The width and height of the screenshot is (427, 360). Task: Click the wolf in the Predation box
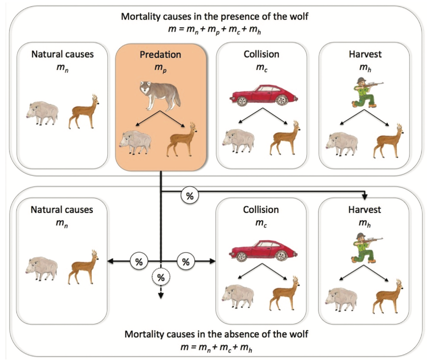click(x=160, y=95)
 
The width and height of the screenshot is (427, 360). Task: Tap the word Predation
click(x=160, y=54)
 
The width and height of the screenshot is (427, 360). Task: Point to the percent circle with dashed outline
click(x=160, y=278)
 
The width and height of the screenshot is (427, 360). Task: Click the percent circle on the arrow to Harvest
click(x=190, y=196)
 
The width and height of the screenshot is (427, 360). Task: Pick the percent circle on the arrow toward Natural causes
click(x=139, y=261)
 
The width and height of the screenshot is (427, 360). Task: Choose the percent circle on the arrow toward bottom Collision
click(x=186, y=261)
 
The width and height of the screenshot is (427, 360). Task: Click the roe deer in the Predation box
click(x=182, y=140)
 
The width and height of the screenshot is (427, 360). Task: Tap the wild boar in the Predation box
click(x=135, y=142)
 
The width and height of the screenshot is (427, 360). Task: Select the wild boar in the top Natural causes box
click(x=42, y=113)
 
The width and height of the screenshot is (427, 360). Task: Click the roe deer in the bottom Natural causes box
click(x=83, y=267)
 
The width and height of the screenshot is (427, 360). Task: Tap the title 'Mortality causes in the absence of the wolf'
click(x=216, y=334)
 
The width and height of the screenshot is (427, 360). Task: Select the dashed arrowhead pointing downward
click(x=161, y=296)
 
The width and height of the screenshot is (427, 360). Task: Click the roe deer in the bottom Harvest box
click(x=388, y=297)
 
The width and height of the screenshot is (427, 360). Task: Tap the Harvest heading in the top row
click(x=365, y=54)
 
